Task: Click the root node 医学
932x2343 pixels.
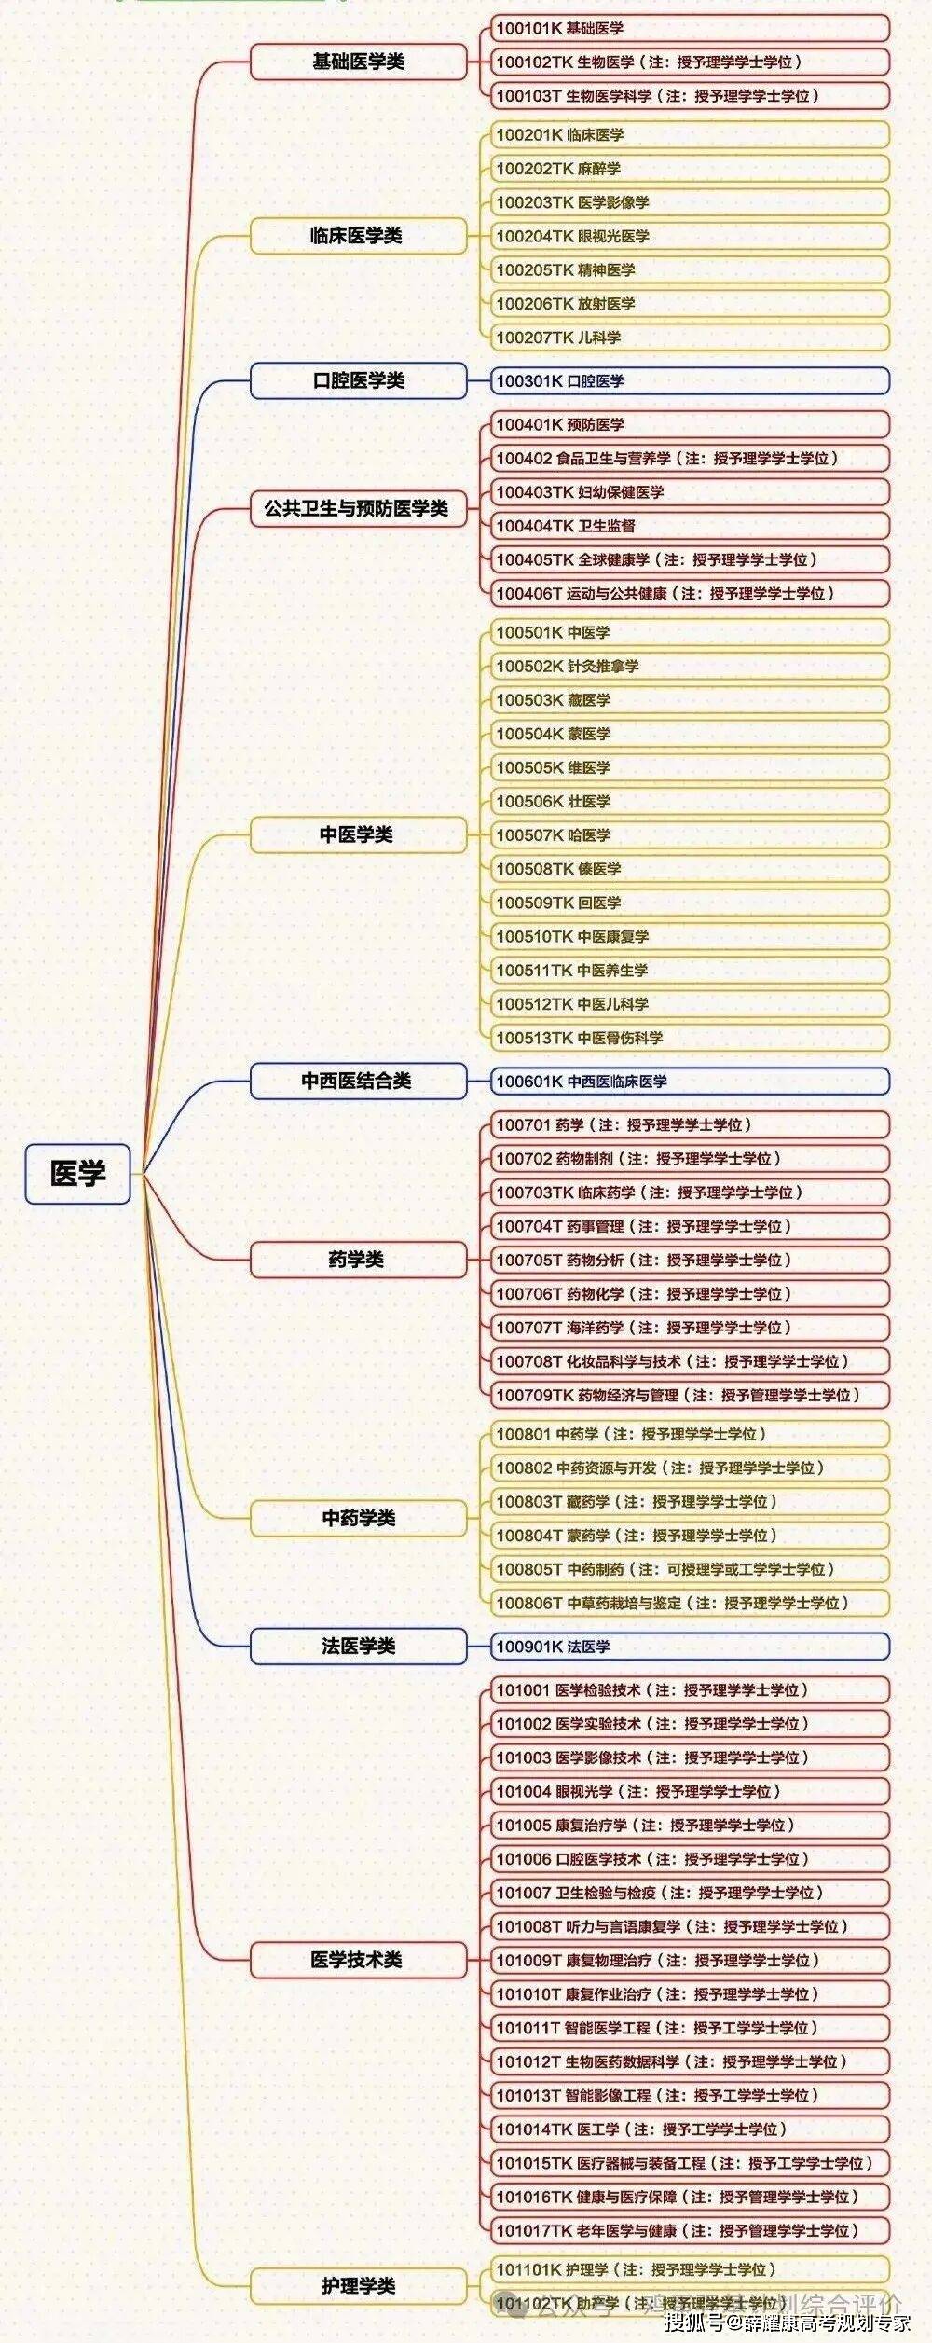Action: [x=77, y=1173]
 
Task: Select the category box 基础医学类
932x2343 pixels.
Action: [x=358, y=62]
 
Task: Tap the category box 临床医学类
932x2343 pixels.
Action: [x=358, y=236]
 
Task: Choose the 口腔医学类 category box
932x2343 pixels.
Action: [x=358, y=380]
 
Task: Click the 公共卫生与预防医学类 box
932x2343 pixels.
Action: [x=358, y=508]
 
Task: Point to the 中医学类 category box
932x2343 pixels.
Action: [x=358, y=834]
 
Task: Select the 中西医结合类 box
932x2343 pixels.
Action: [x=358, y=1081]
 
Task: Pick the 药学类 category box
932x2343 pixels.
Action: [x=358, y=1260]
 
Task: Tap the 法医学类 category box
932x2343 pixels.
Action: [x=358, y=1646]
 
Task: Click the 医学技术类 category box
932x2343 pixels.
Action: [x=358, y=1960]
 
